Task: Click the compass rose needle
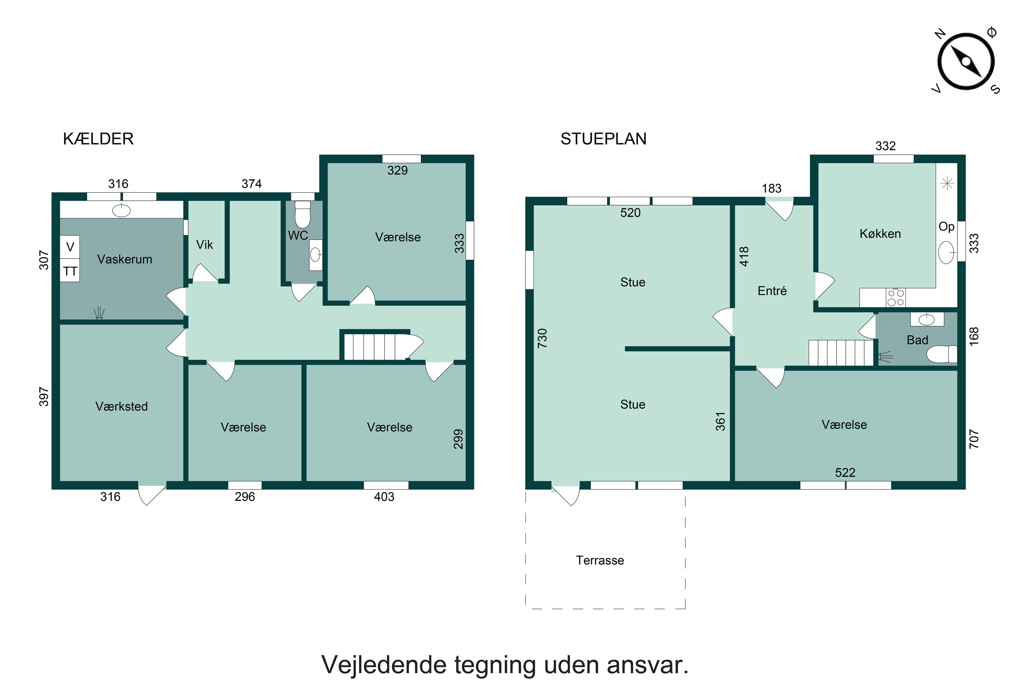pyautogui.click(x=966, y=62)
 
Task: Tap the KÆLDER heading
pyautogui.click(x=98, y=139)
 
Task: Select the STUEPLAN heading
pyautogui.click(x=603, y=139)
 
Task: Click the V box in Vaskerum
pyautogui.click(x=70, y=247)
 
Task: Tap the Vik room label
pyautogui.click(x=204, y=245)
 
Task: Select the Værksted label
pyautogui.click(x=122, y=406)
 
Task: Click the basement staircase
pyautogui.click(x=374, y=346)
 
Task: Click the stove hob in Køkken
pyautogui.click(x=896, y=298)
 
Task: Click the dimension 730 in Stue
pyautogui.click(x=542, y=338)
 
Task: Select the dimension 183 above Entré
pyautogui.click(x=771, y=189)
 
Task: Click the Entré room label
pyautogui.click(x=772, y=291)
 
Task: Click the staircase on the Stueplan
pyautogui.click(x=841, y=353)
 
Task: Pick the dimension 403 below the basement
pyautogui.click(x=384, y=497)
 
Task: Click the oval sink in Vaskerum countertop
pyautogui.click(x=122, y=211)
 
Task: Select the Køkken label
pyautogui.click(x=880, y=234)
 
